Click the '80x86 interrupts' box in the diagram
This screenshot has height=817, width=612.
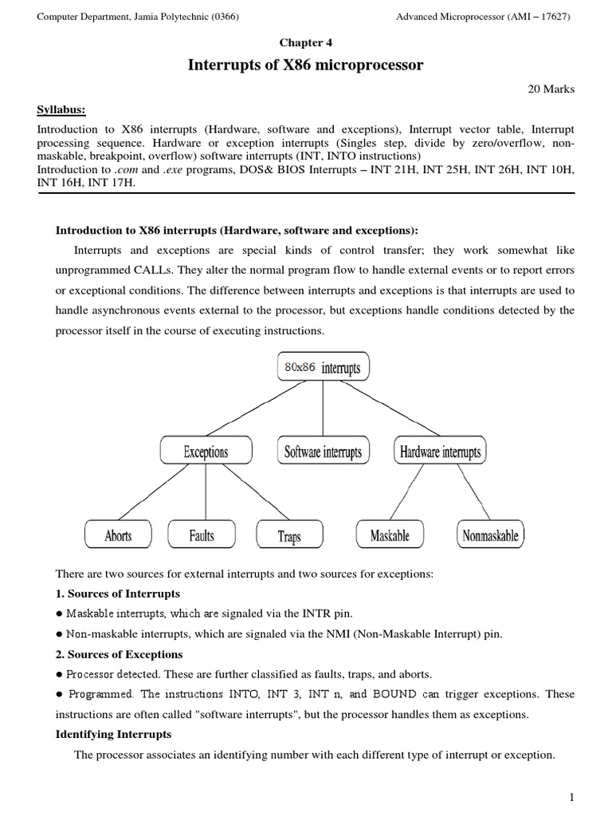(x=322, y=368)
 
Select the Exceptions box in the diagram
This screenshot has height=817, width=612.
(x=206, y=452)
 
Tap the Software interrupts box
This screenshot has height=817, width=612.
(x=323, y=452)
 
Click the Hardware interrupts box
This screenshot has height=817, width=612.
(x=440, y=452)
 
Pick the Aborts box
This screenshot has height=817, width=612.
(x=118, y=535)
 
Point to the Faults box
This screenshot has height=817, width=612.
(x=202, y=535)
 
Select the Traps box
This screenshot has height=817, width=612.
(x=289, y=536)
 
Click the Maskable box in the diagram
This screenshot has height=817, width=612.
(x=390, y=535)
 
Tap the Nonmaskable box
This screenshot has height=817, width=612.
(x=490, y=535)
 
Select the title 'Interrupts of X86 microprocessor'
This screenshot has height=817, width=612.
(x=305, y=65)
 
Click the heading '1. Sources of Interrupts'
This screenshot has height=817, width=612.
(x=117, y=594)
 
